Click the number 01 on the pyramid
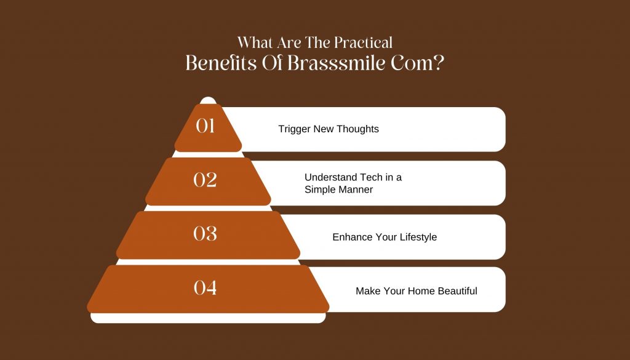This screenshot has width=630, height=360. [x=205, y=126]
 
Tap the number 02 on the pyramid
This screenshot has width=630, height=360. [x=205, y=180]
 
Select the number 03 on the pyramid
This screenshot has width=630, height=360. [x=205, y=233]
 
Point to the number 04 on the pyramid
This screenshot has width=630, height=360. [x=205, y=287]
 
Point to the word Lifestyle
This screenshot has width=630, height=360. [x=418, y=238]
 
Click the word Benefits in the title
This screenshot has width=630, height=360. [x=221, y=63]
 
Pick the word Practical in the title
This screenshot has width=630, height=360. [x=363, y=42]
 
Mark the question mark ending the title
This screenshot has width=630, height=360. [x=439, y=63]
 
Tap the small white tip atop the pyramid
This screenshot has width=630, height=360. [x=208, y=100]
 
